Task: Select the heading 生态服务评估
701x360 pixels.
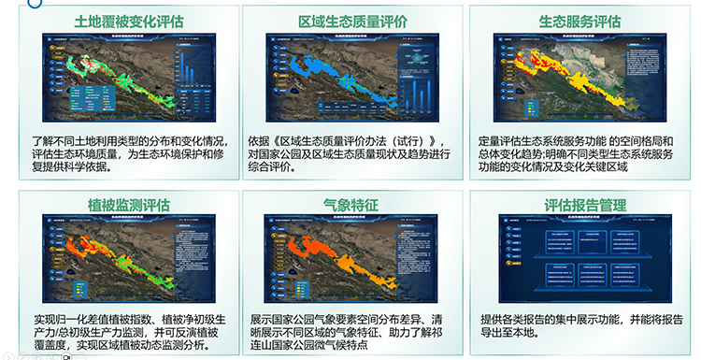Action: point(579,21)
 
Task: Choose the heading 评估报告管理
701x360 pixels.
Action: point(579,203)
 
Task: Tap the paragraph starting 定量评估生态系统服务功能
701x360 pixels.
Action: point(579,153)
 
